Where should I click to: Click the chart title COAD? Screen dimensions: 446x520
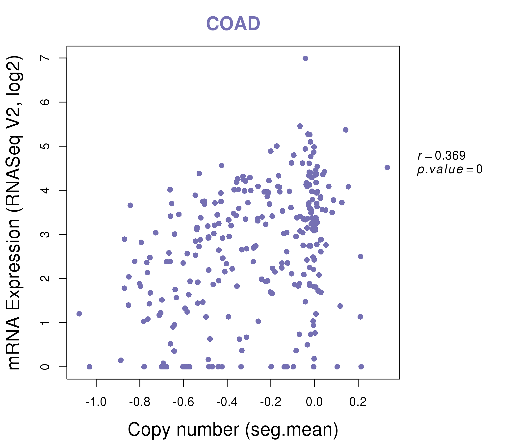[x=233, y=24]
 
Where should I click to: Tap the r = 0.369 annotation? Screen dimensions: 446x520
[x=441, y=156]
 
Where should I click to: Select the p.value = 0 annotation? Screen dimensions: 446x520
[x=449, y=169]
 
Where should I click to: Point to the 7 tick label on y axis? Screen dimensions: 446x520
[x=45, y=58]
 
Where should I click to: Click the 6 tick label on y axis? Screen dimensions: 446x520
[x=45, y=102]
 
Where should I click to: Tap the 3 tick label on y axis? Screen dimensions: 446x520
[x=45, y=234]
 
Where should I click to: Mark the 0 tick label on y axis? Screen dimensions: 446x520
[x=45, y=367]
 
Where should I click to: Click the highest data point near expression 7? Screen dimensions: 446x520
[x=305, y=58]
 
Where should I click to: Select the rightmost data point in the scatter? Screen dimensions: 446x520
[x=387, y=167]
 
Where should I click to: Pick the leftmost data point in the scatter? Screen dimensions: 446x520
[x=79, y=314]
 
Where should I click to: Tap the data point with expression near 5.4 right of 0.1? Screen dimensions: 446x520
[x=346, y=130]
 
